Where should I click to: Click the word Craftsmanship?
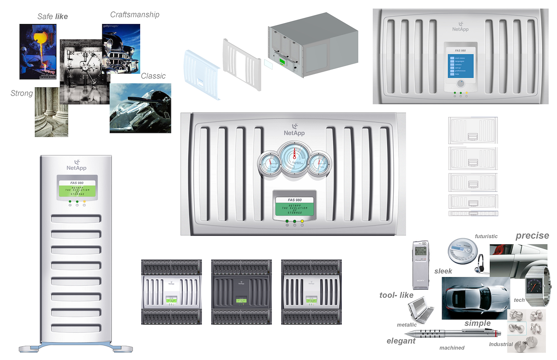coord(134,15)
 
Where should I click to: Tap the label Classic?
coord(153,76)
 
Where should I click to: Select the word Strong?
coord(22,93)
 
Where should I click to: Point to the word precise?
coord(532,236)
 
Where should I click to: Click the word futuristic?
coord(486,237)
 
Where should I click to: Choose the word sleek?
coord(443,271)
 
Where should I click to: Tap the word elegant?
coord(401,341)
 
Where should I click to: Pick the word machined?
coord(452,348)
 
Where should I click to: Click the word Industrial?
coord(501,344)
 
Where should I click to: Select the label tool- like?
coord(396,296)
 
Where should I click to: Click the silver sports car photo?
coord(474,298)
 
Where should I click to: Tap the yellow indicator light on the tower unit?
coord(84,201)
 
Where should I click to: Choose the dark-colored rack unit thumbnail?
coord(241,292)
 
